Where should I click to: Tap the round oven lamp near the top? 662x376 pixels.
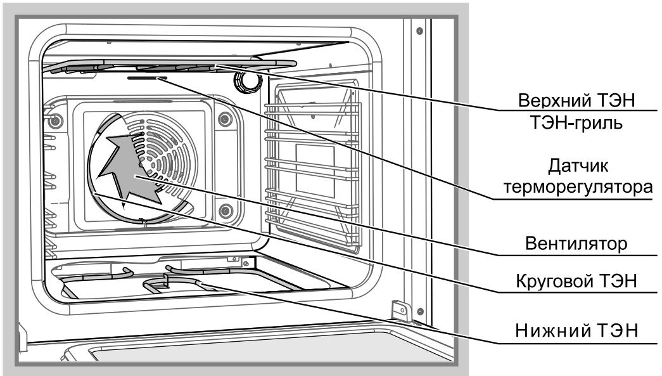pos(246,81)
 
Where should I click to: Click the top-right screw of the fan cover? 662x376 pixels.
pos(223,119)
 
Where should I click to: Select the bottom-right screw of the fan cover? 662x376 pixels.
pos(222,210)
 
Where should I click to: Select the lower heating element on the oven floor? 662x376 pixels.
pos(184,283)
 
